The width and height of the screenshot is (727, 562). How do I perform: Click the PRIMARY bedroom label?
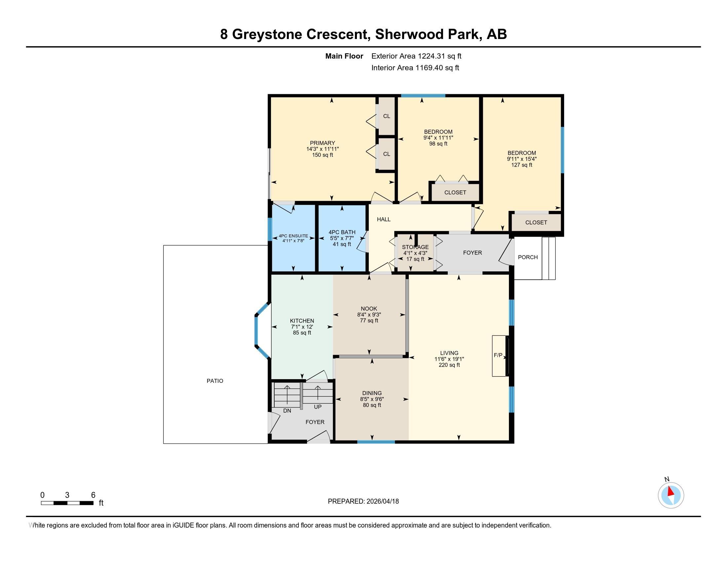click(322, 143)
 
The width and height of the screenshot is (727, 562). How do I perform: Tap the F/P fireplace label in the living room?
click(498, 355)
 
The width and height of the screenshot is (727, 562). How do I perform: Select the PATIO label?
click(215, 381)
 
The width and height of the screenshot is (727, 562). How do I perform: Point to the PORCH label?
click(528, 257)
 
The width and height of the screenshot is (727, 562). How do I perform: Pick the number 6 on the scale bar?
click(93, 495)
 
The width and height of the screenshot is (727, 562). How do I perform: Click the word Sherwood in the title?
click(408, 34)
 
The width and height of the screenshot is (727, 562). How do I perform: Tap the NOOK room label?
click(369, 309)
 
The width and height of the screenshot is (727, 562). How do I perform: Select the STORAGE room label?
click(415, 247)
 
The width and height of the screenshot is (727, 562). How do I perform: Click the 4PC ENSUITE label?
click(293, 236)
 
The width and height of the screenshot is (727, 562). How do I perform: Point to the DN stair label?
click(287, 411)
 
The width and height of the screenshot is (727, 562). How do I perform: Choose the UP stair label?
click(318, 407)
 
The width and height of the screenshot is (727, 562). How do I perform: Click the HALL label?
click(384, 220)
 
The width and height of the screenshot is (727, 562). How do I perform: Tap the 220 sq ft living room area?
click(449, 365)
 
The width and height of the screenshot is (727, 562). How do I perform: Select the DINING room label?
click(372, 393)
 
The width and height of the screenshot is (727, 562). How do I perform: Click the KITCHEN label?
click(302, 321)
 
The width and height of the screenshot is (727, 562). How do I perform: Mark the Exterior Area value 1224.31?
click(431, 56)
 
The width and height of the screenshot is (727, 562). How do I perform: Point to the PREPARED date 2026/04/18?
click(382, 502)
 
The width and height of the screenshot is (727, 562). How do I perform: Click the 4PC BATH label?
click(342, 232)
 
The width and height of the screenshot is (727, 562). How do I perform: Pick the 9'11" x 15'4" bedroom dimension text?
click(521, 159)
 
